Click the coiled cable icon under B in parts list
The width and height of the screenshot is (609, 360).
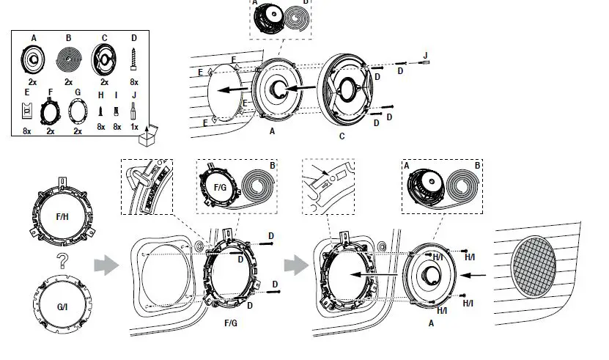(x=68, y=58)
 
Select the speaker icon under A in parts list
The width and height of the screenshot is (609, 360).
(x=34, y=58)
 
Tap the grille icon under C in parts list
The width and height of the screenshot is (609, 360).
(x=103, y=58)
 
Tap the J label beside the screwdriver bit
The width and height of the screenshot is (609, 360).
(x=426, y=54)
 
